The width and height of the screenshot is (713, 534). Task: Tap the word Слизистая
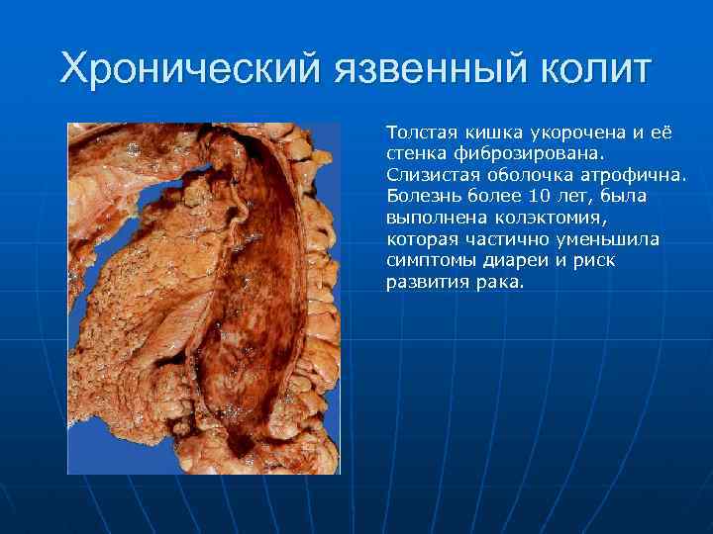click(x=428, y=175)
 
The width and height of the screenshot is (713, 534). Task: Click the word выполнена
click(x=430, y=218)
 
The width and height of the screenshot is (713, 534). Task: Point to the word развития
click(x=426, y=283)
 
